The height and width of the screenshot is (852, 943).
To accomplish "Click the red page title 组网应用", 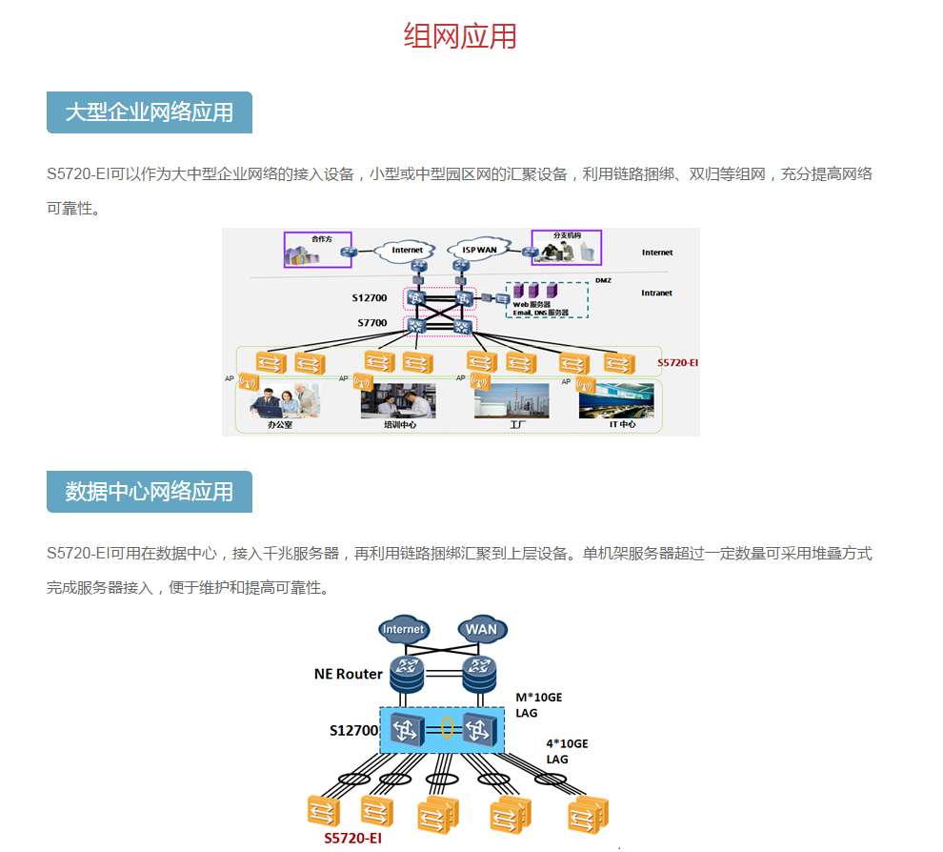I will (460, 36).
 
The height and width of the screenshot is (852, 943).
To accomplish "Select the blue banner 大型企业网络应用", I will (149, 112).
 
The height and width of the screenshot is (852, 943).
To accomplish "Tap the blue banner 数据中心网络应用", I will (149, 492).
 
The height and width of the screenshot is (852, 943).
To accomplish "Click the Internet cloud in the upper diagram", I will (407, 250).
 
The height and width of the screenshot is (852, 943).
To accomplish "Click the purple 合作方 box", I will (318, 250).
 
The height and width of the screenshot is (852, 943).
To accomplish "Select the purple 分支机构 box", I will (567, 248).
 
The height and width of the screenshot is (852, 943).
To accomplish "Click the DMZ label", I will (603, 280).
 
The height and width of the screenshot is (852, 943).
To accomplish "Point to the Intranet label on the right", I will (656, 293).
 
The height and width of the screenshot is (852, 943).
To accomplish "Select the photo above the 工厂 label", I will (512, 400).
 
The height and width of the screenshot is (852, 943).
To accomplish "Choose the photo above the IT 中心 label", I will (616, 400).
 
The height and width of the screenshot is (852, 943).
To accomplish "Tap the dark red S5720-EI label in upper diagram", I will (678, 363).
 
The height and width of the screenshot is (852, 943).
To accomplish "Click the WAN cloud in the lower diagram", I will (481, 629).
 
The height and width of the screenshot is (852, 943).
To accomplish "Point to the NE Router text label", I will (349, 674).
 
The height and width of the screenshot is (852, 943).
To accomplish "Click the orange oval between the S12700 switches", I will (447, 729).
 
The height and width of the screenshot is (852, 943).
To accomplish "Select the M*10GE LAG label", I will (539, 704).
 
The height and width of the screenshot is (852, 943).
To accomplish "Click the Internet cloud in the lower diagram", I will (403, 629).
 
